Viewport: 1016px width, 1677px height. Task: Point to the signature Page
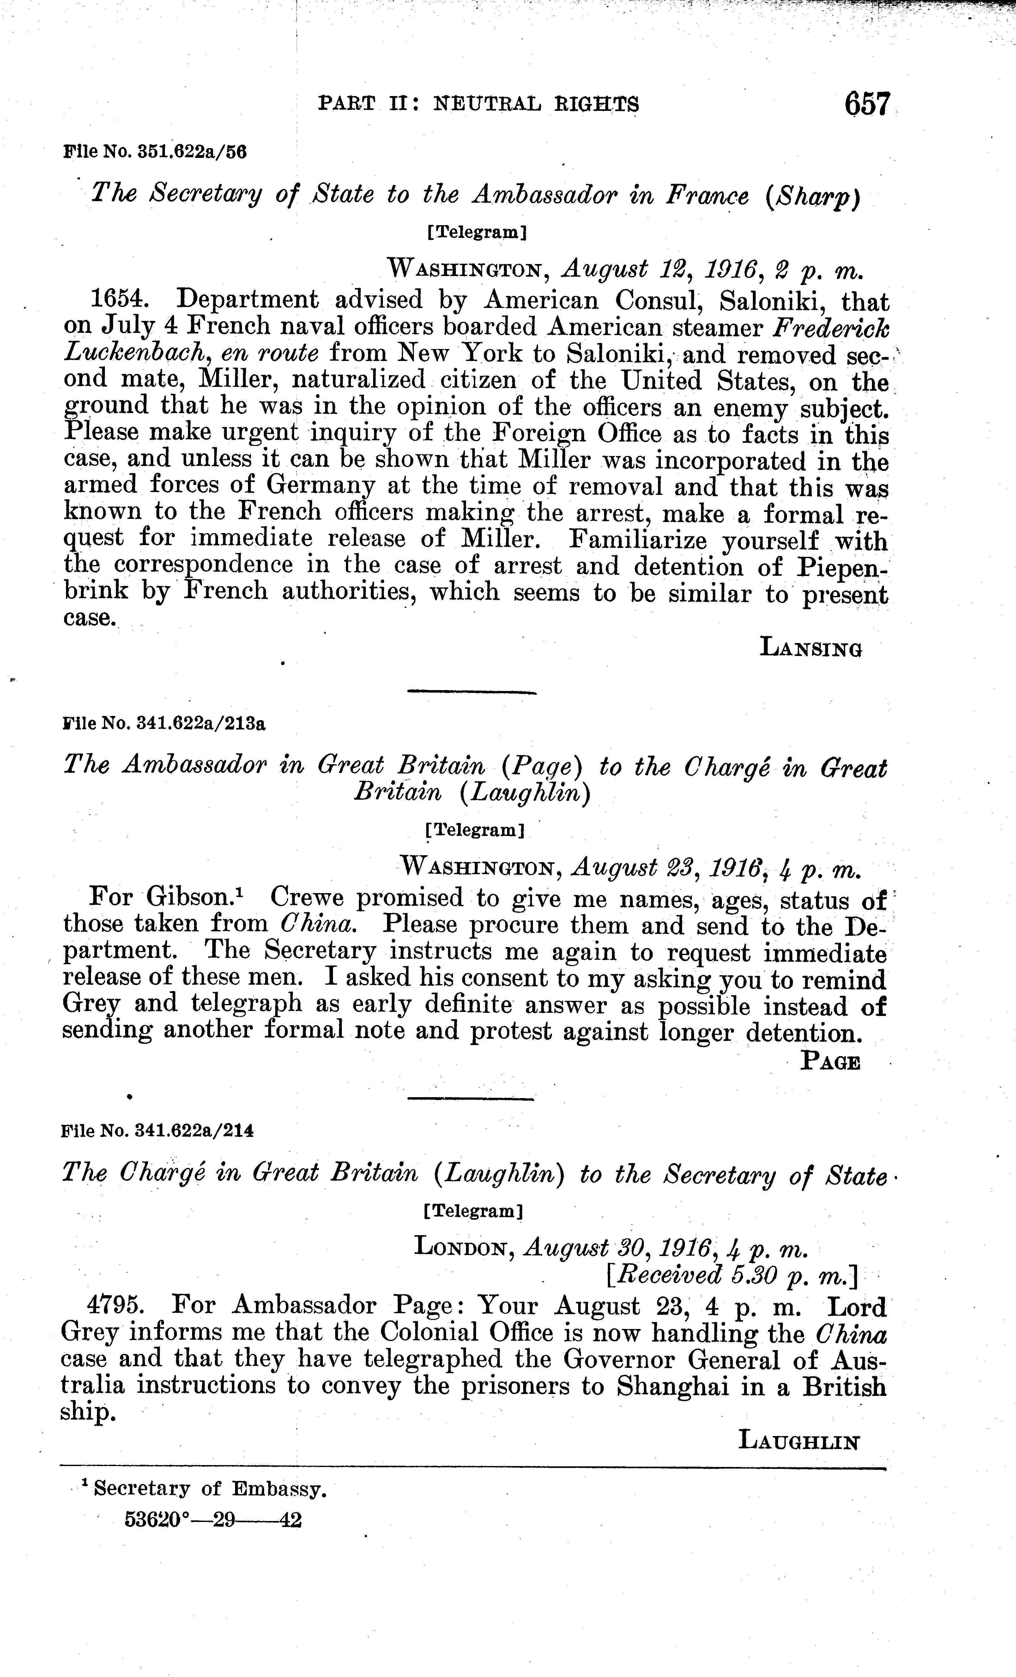pos(830,1062)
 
